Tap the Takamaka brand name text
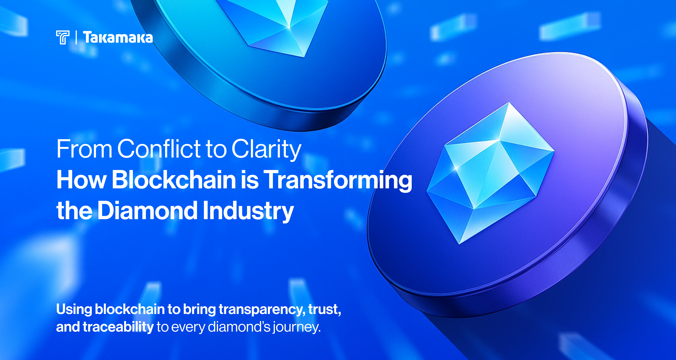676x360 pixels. [118, 38]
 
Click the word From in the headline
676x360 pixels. [85, 149]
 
